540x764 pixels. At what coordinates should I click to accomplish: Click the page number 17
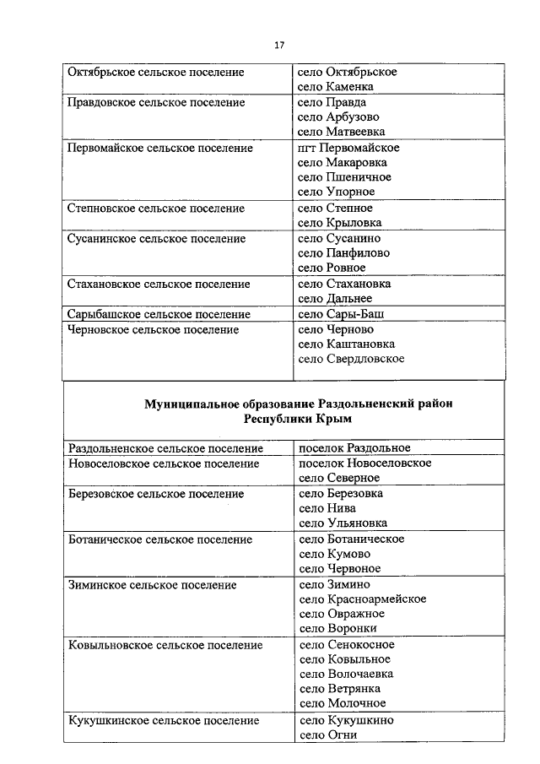pyautogui.click(x=279, y=45)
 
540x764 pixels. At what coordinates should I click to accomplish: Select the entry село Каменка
pyautogui.click(x=336, y=87)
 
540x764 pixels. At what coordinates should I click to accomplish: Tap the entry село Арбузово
pyautogui.click(x=339, y=117)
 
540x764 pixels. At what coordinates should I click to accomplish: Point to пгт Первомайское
pyautogui.click(x=349, y=149)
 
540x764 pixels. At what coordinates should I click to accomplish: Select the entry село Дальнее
pyautogui.click(x=335, y=299)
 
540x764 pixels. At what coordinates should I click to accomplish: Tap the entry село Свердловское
pyautogui.click(x=352, y=359)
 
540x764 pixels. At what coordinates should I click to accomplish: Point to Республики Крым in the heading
pyautogui.click(x=298, y=419)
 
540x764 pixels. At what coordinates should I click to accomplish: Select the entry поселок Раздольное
pyautogui.click(x=354, y=448)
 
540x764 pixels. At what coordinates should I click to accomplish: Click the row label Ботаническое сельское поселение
pyautogui.click(x=159, y=539)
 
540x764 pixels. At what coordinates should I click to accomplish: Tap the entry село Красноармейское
pyautogui.click(x=363, y=599)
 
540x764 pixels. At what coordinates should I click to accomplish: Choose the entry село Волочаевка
pyautogui.click(x=346, y=675)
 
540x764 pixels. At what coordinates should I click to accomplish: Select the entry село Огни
pyautogui.click(x=328, y=735)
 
